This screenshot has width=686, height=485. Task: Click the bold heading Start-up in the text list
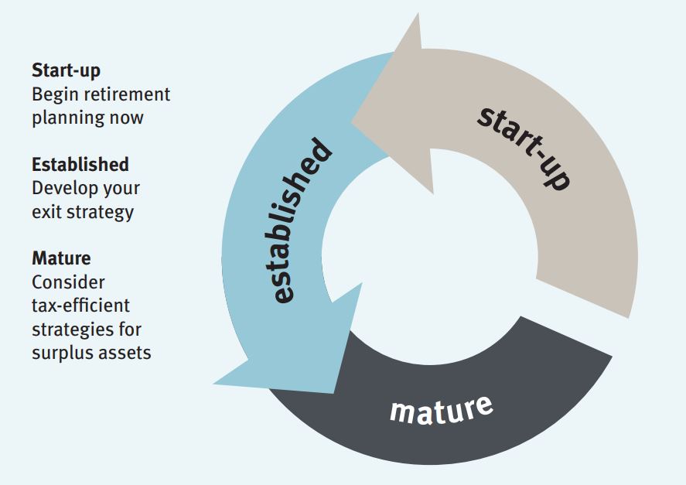(x=66, y=71)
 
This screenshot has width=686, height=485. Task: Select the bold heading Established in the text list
(x=80, y=164)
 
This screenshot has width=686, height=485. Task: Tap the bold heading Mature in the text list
(x=61, y=258)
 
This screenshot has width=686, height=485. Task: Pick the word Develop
(x=65, y=188)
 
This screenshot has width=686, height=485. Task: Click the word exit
(x=44, y=211)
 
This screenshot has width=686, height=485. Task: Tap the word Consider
(x=68, y=282)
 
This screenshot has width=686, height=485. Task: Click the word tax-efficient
(x=80, y=305)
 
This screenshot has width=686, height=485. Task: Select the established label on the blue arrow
(x=302, y=221)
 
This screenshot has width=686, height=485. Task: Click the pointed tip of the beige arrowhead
(x=352, y=121)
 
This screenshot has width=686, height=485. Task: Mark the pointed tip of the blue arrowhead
(x=214, y=383)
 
